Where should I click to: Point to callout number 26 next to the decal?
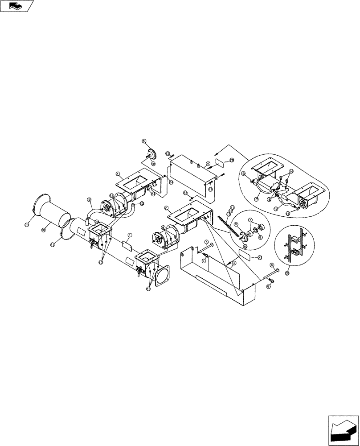232,160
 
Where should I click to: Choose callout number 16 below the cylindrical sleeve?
44,230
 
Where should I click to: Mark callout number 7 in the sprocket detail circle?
250,219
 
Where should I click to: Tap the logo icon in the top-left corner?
17,6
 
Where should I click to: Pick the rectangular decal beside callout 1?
126,244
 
